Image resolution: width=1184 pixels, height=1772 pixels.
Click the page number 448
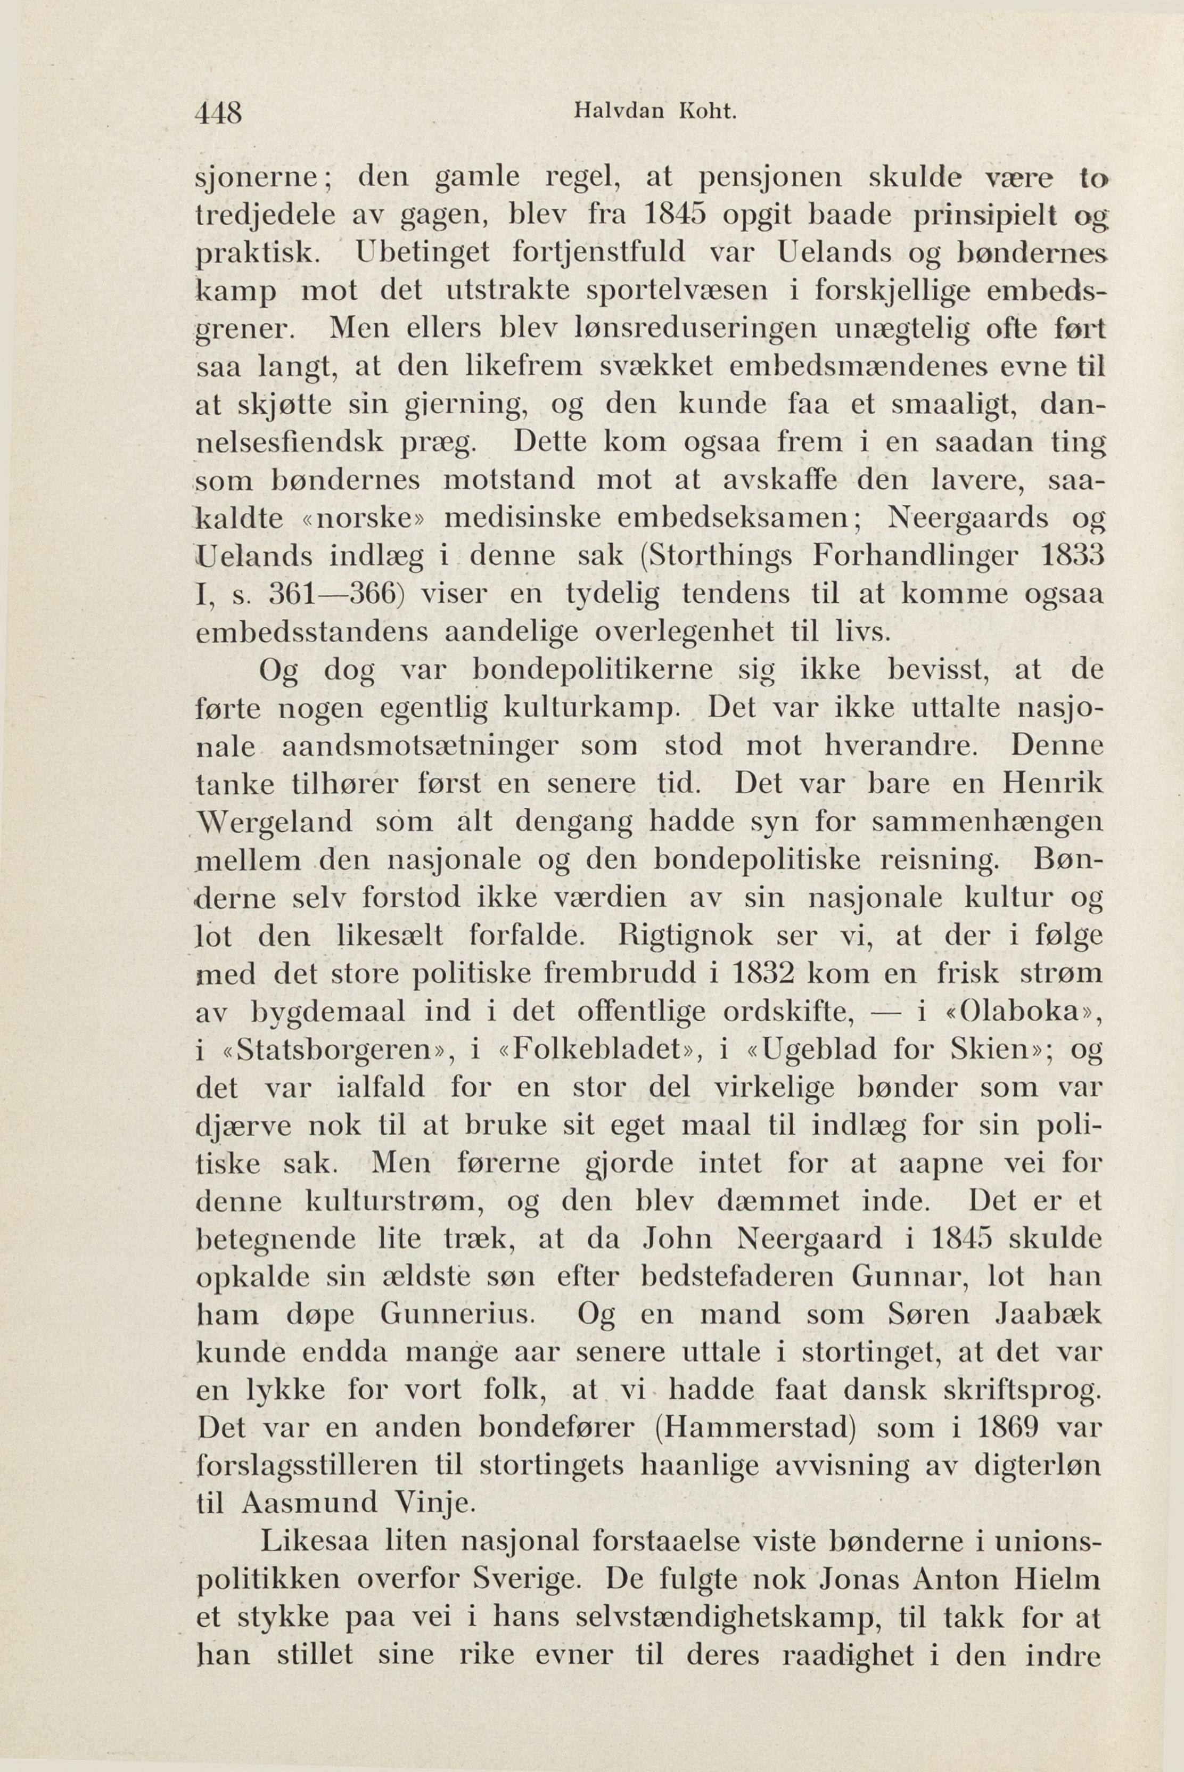(x=219, y=113)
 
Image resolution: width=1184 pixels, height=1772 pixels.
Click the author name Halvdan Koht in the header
(x=654, y=112)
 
